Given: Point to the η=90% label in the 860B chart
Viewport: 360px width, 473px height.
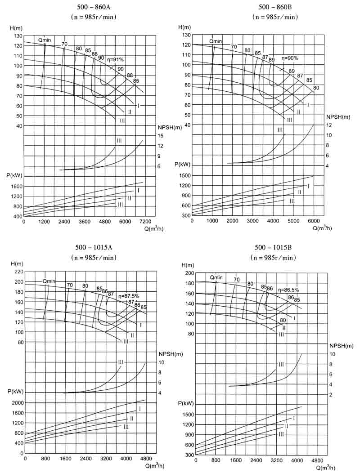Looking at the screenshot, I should click(290, 58).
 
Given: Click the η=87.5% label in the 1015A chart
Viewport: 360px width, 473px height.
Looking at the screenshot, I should click(129, 296).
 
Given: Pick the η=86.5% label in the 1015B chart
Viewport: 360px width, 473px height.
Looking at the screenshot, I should click(289, 290).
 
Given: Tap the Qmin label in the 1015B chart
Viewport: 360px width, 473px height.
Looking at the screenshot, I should click(216, 277).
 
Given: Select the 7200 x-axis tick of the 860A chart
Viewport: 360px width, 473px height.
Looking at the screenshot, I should click(144, 222).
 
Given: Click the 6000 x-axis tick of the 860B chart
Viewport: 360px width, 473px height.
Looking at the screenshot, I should click(314, 221).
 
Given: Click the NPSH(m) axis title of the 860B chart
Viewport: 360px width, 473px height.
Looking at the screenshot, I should click(338, 117).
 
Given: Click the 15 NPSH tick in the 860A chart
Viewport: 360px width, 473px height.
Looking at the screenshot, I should click(160, 136).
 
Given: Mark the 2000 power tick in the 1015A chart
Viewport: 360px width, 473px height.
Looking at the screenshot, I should click(17, 403).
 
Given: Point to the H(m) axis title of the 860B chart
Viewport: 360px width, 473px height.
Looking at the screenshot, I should click(184, 27).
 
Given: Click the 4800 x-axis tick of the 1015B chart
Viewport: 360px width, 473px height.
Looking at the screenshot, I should click(317, 461).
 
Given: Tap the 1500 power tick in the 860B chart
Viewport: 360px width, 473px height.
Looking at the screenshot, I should click(184, 175).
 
